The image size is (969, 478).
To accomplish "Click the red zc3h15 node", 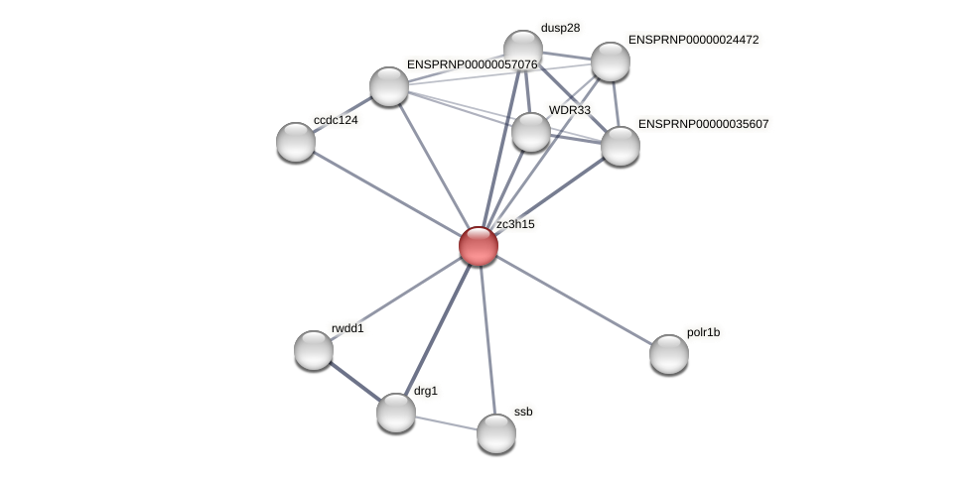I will click(x=478, y=246).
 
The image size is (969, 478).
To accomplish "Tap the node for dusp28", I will click(x=522, y=50).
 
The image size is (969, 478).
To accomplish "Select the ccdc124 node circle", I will click(x=296, y=142).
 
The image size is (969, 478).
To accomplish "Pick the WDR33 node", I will click(x=531, y=132).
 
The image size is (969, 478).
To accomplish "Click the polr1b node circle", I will click(x=668, y=354).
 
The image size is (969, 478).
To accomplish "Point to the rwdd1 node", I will click(x=314, y=350).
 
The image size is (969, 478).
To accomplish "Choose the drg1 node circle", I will click(x=396, y=413).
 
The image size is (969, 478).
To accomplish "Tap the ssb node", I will click(x=495, y=433).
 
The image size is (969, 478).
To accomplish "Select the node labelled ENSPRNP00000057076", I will click(x=389, y=86).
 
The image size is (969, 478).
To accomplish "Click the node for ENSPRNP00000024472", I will click(x=611, y=61).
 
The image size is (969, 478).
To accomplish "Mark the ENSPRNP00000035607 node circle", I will click(x=621, y=146).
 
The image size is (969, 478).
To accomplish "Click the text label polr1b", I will click(x=703, y=332).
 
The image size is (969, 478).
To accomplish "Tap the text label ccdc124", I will click(x=336, y=120).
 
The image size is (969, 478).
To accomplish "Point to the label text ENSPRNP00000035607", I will click(x=703, y=124).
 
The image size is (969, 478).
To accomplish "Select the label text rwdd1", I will click(x=347, y=328).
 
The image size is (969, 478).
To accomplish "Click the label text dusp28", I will click(x=560, y=28).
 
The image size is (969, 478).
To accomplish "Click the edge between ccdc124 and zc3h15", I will click(x=387, y=194).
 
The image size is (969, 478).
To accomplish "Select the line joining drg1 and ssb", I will click(x=446, y=423).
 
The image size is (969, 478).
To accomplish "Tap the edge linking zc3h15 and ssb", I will click(x=486, y=339).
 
